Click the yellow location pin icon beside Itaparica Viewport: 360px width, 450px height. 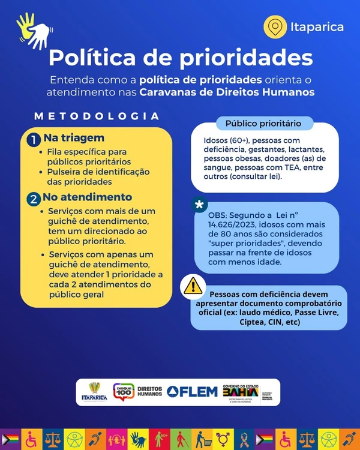click(275, 26)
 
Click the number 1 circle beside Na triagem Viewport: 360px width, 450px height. click(34, 139)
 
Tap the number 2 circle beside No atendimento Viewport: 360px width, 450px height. click(34, 198)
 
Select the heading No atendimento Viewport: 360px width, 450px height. click(87, 197)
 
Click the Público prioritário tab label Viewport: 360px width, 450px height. click(263, 124)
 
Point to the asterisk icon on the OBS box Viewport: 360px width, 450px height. click(199, 205)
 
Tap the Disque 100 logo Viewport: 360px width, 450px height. click(123, 391)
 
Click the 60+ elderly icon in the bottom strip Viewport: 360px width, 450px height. click(163, 439)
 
